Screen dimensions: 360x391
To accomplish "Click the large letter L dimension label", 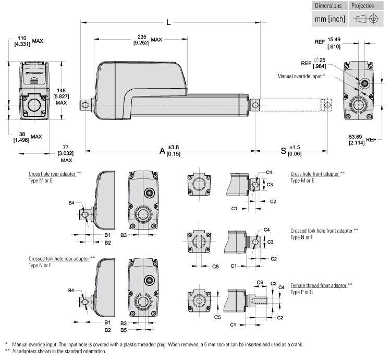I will tap(168, 23).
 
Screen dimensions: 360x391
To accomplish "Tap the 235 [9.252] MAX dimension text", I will tap(148, 39).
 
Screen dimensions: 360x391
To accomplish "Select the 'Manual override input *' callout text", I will tap(302, 76).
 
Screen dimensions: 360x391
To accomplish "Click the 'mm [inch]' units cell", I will tap(329, 19).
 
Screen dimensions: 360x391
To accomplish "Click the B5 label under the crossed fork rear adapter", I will tap(124, 330).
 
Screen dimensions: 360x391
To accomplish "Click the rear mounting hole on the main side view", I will tap(85, 104).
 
